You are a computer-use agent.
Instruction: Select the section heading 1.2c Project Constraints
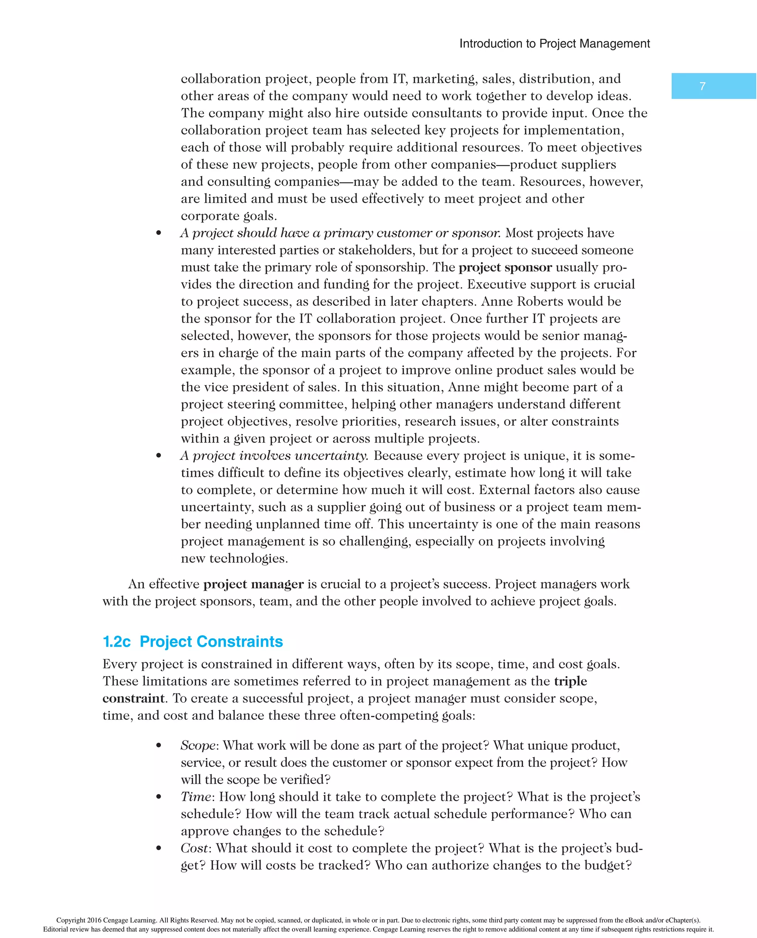(x=192, y=641)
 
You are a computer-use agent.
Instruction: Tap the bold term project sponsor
(x=505, y=267)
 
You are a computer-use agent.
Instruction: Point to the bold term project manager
(x=253, y=584)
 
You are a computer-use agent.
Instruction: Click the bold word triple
(x=570, y=681)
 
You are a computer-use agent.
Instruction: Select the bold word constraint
(x=133, y=698)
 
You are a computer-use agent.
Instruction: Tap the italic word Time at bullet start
(x=196, y=797)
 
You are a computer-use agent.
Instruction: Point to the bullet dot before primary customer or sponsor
(x=159, y=233)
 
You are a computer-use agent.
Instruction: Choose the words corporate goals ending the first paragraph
(x=228, y=216)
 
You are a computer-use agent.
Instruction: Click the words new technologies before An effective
(x=234, y=559)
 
